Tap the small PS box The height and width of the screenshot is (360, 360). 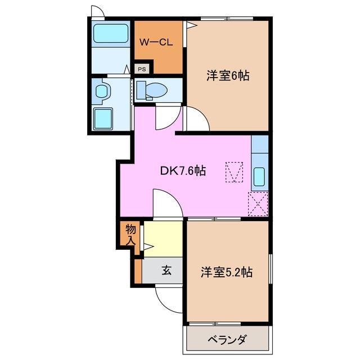142,70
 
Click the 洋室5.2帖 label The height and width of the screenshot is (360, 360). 227,272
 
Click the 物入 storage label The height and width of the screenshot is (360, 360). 130,233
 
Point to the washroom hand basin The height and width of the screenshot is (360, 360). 102,91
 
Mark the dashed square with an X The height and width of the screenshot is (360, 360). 258,203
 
